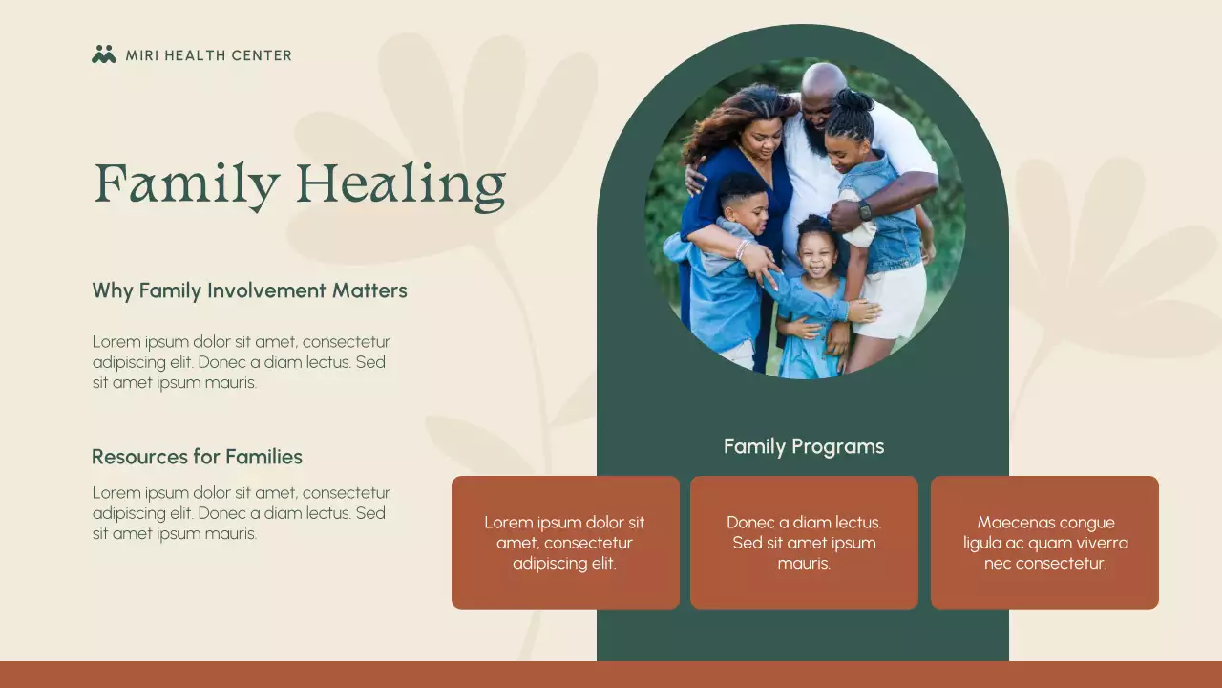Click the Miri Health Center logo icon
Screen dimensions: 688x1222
pyautogui.click(x=104, y=54)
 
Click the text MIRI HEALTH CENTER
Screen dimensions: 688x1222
pyautogui.click(x=208, y=55)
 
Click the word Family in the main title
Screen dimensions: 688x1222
pyautogui.click(x=187, y=184)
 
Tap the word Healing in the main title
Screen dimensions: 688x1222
pyautogui.click(x=401, y=184)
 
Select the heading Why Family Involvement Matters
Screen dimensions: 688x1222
pyautogui.click(x=249, y=290)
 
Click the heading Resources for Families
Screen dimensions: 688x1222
pyautogui.click(x=197, y=457)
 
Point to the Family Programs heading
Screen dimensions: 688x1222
pyautogui.click(x=803, y=446)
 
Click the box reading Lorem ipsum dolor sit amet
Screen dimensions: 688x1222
pyautogui.click(x=565, y=542)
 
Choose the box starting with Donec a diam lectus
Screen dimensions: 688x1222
pyautogui.click(x=804, y=542)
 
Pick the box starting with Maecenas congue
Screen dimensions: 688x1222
pyautogui.click(x=1044, y=542)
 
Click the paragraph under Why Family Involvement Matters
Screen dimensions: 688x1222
pyautogui.click(x=241, y=362)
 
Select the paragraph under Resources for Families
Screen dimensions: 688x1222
pyautogui.click(x=241, y=513)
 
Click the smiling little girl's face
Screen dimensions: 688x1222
pyautogui.click(x=816, y=254)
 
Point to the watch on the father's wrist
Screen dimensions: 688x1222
pyautogui.click(x=865, y=211)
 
